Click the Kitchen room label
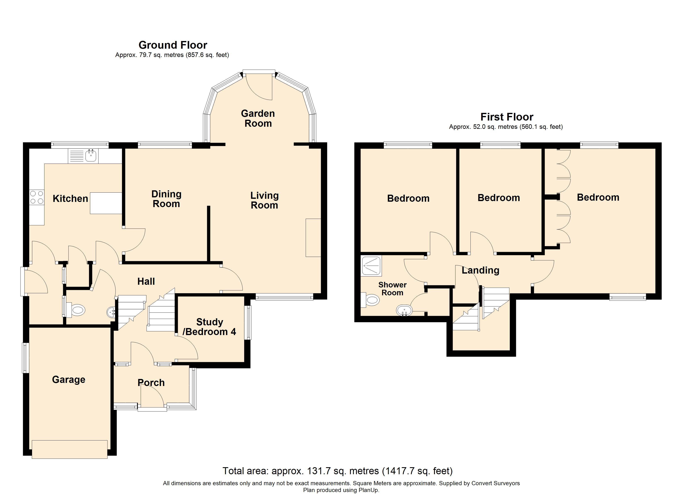point(70,199)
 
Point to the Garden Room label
point(258,118)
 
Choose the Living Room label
point(265,200)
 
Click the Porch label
point(151,383)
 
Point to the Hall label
point(146,281)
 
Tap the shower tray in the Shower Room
point(371,266)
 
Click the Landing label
point(480,271)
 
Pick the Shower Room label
point(392,289)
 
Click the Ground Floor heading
point(173,45)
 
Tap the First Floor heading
point(507,117)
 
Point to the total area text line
point(338,471)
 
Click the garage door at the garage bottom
point(70,449)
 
